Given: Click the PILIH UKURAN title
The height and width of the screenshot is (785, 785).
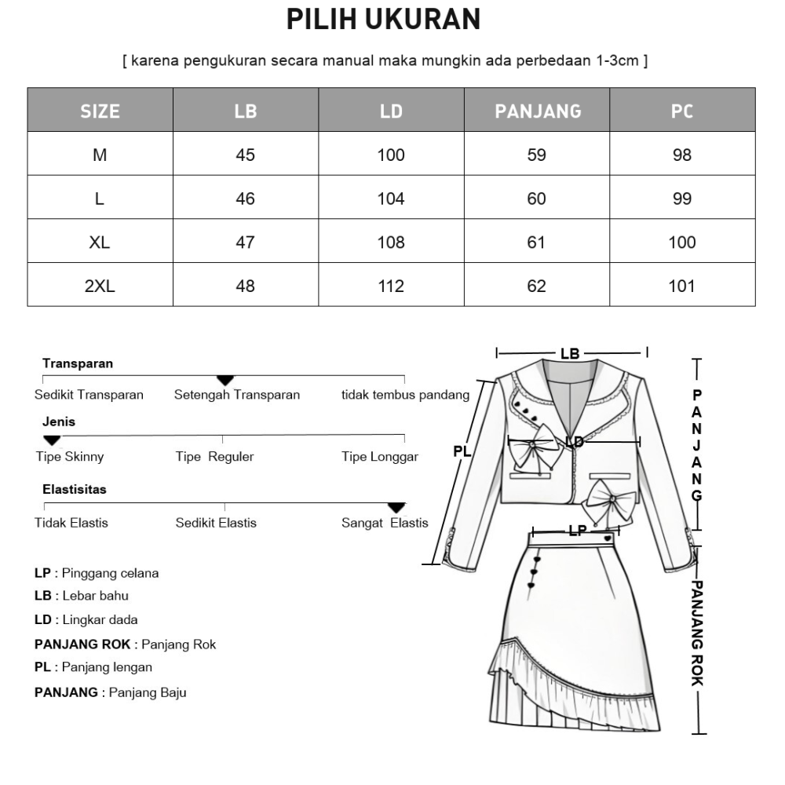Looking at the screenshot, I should click(383, 20).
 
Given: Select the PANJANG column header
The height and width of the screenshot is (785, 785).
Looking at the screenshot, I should click(537, 111).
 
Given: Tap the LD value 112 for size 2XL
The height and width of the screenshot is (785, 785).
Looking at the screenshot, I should click(391, 287).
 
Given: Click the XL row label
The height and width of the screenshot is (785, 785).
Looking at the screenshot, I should click(100, 243).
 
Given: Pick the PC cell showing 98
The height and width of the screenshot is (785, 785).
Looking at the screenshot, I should click(682, 155).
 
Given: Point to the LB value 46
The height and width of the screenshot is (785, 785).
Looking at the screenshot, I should click(245, 199).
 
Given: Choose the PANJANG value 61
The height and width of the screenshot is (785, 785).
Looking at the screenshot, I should click(537, 243).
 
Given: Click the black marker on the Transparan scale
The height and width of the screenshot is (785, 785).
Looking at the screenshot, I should click(225, 381).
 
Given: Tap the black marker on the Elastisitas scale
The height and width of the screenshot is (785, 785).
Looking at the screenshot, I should click(397, 508).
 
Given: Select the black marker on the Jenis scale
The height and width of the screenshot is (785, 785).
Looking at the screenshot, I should click(52, 440).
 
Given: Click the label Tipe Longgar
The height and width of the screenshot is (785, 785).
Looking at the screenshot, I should click(380, 457).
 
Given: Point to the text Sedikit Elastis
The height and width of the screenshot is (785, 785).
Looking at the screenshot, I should click(216, 523).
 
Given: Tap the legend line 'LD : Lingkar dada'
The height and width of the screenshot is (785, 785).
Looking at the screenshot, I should click(86, 620).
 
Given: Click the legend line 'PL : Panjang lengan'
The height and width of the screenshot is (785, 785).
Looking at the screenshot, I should click(93, 667).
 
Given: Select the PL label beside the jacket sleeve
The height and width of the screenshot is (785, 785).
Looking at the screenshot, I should click(462, 451).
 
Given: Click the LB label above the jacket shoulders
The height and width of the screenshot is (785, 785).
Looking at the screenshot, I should click(570, 354).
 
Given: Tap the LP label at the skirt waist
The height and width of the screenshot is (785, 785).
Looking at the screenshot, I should click(577, 531).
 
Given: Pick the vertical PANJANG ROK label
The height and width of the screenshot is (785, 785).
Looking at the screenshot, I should click(697, 633).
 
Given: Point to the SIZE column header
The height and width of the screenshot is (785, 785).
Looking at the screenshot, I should click(100, 111).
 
